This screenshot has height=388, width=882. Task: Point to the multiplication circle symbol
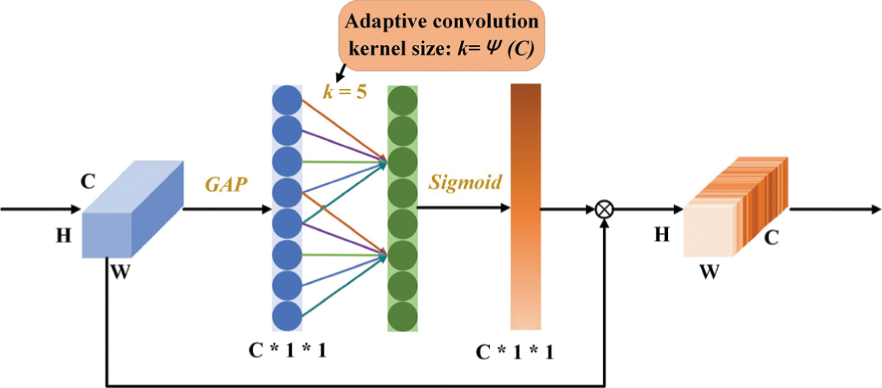point(606,208)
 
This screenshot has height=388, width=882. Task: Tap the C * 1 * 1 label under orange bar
point(515,352)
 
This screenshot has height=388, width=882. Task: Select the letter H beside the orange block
point(661,235)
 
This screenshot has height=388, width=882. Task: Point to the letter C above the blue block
point(88,182)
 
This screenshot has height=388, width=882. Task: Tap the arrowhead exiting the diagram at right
point(874,208)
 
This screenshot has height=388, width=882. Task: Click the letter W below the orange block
point(709,271)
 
